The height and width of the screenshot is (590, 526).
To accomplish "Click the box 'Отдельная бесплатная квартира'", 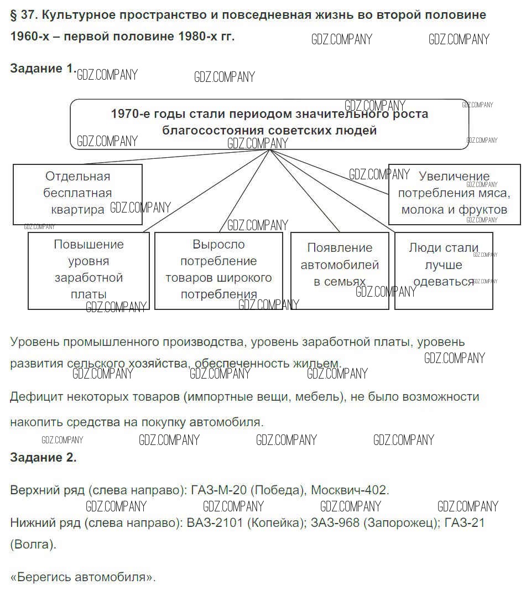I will tap(77, 193).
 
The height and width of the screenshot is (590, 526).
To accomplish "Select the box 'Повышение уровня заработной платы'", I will tap(88, 270).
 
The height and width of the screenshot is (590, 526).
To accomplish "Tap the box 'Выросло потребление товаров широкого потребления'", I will tap(218, 270).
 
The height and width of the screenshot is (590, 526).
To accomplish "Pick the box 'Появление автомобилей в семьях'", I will tap(340, 270).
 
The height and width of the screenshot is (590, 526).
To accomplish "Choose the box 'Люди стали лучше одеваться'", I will tap(444, 270).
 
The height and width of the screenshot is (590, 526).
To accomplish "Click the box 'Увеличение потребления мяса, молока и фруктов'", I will tap(454, 194).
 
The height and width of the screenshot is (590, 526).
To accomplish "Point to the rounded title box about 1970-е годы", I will tap(269, 123).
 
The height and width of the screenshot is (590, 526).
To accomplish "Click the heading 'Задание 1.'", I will tap(42, 69).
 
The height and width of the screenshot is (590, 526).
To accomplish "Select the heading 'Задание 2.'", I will tap(43, 457).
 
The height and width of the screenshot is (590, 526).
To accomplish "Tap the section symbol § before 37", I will tap(14, 15).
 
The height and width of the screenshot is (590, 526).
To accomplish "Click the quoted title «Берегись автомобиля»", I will tap(83, 577).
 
